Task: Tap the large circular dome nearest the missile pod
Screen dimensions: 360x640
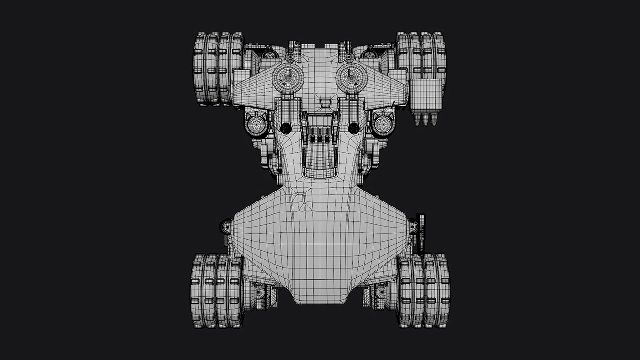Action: [352, 76]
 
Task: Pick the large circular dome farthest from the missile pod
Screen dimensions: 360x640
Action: [288, 77]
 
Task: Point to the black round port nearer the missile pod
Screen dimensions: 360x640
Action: [353, 128]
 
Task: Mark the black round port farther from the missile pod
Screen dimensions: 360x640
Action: [286, 128]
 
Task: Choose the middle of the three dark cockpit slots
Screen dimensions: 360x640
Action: [320, 137]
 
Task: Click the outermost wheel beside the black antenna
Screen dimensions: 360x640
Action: [442, 291]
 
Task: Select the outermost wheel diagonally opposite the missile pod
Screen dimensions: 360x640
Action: [198, 291]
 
